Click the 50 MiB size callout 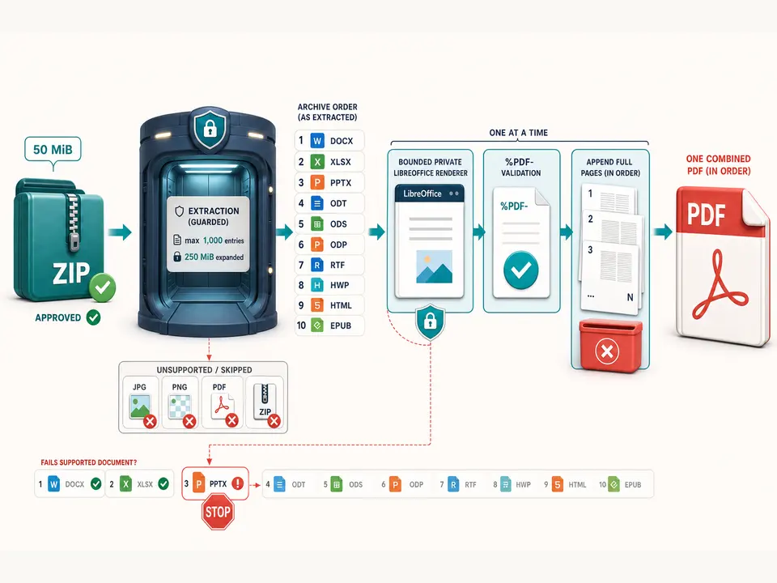53,149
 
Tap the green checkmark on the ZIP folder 103,287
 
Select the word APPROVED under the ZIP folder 58,317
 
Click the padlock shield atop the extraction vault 210,128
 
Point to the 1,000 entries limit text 214,240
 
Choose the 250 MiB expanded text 214,257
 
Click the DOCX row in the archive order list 329,141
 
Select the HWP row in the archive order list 329,285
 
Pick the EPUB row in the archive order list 329,326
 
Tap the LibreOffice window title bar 430,194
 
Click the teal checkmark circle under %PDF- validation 520,270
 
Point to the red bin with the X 610,346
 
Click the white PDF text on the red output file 706,215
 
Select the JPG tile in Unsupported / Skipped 140,402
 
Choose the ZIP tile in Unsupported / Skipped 265,402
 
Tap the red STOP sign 218,512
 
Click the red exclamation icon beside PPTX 238,483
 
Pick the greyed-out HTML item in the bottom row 566,484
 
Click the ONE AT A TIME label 518,133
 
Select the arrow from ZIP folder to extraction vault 120,232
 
